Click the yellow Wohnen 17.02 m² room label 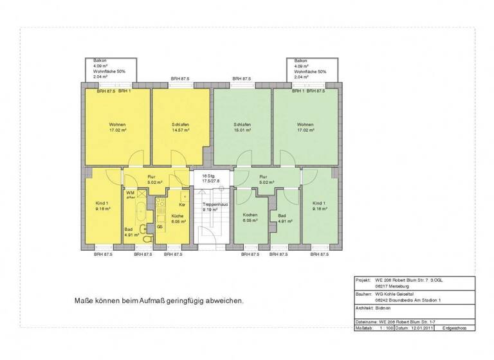tap(117, 127)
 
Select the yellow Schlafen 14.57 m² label tap(181, 127)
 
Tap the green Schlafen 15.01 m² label tap(242, 127)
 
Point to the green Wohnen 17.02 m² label tap(305, 127)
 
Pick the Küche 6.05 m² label tap(178, 218)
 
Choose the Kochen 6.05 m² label tap(250, 217)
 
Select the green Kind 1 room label tap(321, 206)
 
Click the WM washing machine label tap(130, 193)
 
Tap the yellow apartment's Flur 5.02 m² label tap(152, 179)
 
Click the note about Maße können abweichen tap(160, 300)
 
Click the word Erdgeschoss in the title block tap(454, 328)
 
